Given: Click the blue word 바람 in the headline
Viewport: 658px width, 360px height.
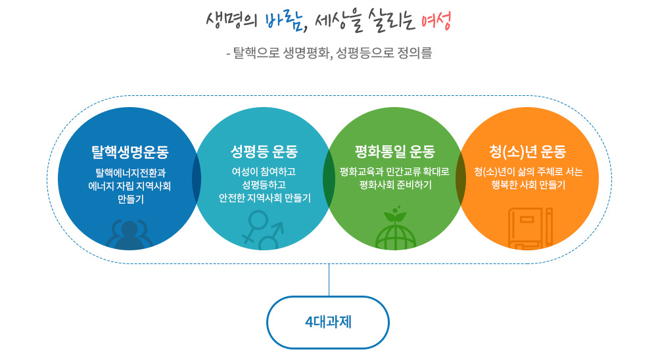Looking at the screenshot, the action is [x=284, y=22].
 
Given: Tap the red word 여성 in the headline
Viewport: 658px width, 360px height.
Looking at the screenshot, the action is [x=436, y=20].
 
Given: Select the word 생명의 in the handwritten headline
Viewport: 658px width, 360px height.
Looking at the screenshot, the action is [x=231, y=20].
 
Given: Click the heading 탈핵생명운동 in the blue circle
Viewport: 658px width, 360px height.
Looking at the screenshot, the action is [x=130, y=152].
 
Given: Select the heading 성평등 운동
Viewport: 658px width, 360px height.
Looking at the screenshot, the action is [x=264, y=152].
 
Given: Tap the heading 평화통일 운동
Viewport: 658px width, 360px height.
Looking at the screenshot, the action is [x=395, y=152].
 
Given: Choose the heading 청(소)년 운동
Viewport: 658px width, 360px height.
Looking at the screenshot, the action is [x=527, y=151].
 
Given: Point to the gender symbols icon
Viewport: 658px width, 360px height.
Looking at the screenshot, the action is [x=263, y=231].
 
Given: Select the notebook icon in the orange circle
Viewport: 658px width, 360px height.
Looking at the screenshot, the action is [x=530, y=228].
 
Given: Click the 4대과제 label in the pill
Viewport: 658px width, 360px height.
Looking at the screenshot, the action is [x=328, y=323].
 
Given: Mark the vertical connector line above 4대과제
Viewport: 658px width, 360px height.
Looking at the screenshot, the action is [x=329, y=280].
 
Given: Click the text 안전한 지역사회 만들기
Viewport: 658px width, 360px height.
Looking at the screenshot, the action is [x=264, y=198].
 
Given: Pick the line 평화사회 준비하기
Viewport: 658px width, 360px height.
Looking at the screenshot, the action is [x=395, y=185].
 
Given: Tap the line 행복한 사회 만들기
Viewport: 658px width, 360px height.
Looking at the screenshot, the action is [x=529, y=185].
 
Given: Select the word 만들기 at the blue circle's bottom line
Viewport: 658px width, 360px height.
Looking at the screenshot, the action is [x=131, y=199].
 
